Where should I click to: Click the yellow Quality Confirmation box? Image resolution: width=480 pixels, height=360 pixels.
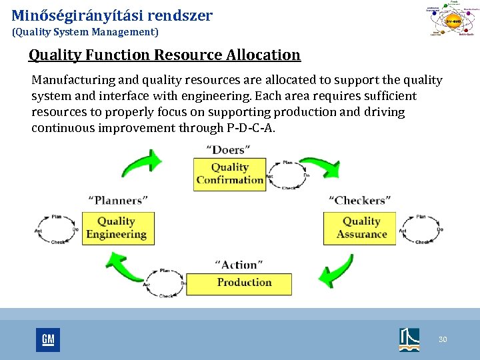(x=230, y=173)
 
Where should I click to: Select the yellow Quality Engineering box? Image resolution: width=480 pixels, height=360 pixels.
(x=117, y=228)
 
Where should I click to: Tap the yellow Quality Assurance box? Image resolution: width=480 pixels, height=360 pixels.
(x=360, y=228)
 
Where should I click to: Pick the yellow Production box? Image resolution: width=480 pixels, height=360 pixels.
(x=239, y=283)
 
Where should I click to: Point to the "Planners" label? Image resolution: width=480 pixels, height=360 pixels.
(x=118, y=199)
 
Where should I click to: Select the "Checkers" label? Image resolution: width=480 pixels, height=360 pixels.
(x=360, y=199)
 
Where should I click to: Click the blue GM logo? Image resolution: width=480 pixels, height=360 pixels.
(x=48, y=340)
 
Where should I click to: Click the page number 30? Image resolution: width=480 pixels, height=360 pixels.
(x=443, y=340)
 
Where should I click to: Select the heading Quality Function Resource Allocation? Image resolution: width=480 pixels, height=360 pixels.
(x=165, y=55)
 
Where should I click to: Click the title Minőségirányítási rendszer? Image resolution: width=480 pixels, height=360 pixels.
(x=112, y=15)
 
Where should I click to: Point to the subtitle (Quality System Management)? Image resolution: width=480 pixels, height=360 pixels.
(x=85, y=31)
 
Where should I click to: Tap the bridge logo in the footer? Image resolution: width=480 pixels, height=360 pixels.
(x=409, y=339)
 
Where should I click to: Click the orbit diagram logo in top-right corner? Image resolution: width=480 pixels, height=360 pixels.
(x=452, y=21)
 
